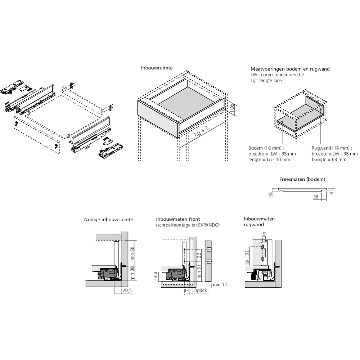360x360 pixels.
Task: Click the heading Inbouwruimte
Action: coord(157,68)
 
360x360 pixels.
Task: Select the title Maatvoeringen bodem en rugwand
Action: coord(290,69)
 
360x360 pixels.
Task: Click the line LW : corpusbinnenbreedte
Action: coord(277,75)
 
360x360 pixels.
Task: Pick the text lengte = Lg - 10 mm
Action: coord(269,159)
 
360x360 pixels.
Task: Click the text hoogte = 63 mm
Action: coord(329,159)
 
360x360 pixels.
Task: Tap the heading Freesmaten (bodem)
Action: coord(302,179)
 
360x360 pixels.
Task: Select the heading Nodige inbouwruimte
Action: coord(109,219)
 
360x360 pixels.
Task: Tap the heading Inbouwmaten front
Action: coord(178,219)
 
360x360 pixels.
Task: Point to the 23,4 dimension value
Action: coord(155,276)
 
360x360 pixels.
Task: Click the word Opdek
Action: coord(200,290)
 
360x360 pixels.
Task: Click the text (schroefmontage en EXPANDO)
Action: coord(188,225)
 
